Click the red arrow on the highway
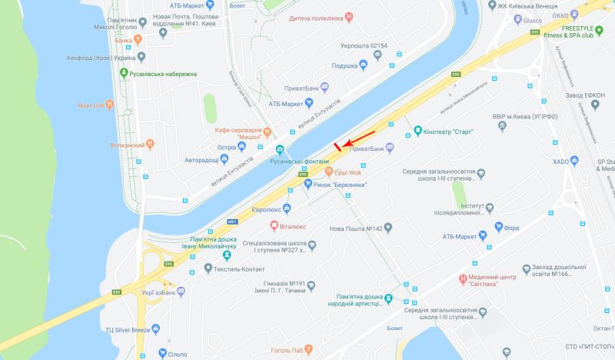click(357, 139)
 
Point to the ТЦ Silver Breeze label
click(128, 329)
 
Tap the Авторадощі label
click(196, 159)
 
